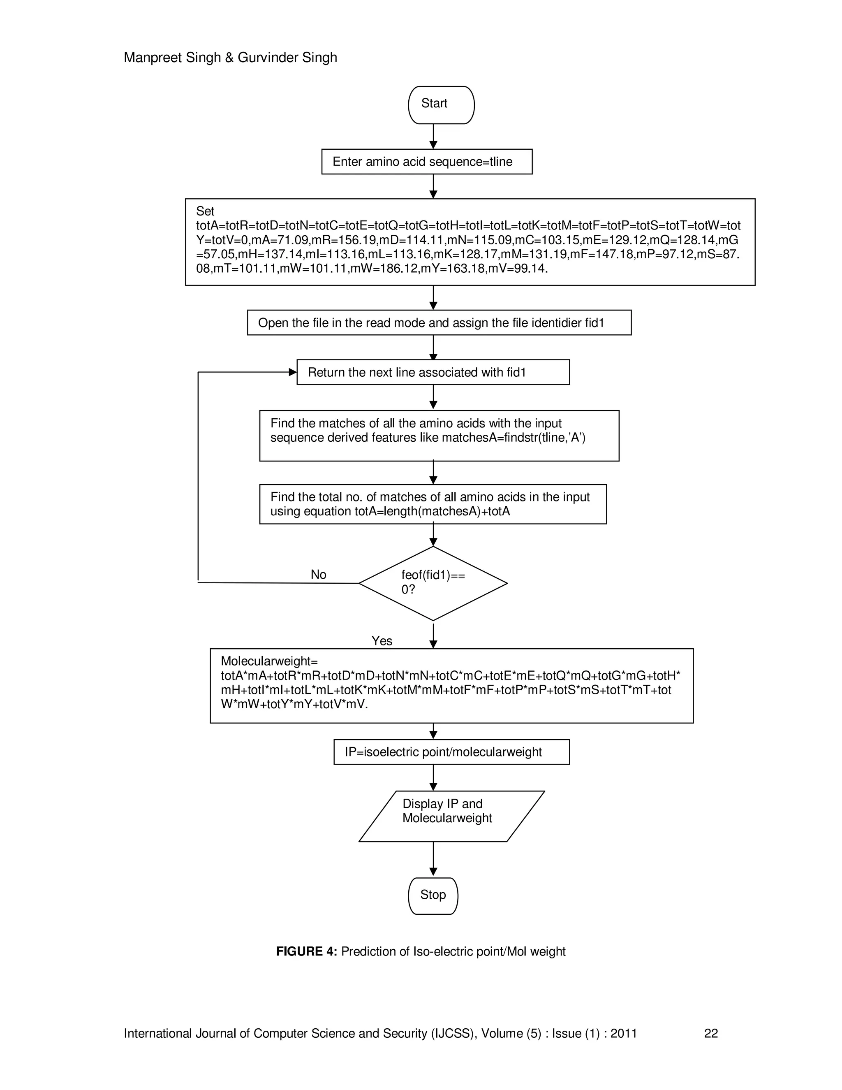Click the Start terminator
point(441,105)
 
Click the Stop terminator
point(433,896)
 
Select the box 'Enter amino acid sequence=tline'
point(426,162)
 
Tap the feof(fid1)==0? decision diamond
point(433,583)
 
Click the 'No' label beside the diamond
point(318,575)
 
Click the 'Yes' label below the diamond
point(382,641)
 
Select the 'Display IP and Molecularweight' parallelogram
point(451,817)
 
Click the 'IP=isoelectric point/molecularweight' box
point(451,752)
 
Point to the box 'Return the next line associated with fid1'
point(433,372)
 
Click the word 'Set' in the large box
point(205,211)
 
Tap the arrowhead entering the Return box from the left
point(293,372)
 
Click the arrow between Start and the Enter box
point(433,136)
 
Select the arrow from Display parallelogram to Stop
point(433,858)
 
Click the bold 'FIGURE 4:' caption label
point(306,952)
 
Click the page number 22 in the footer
point(710,1033)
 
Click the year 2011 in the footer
point(624,1033)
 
